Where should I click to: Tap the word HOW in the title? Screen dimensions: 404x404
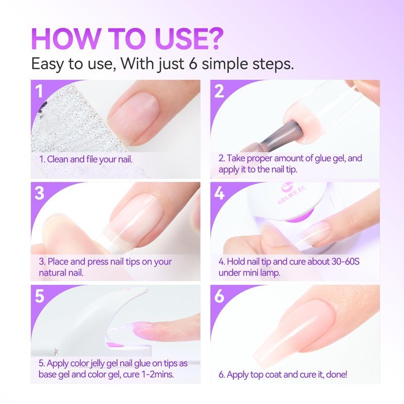(65, 39)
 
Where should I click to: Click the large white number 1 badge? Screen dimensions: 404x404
(39, 91)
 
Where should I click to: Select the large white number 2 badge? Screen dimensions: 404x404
(219, 91)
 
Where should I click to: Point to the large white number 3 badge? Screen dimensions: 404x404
(39, 193)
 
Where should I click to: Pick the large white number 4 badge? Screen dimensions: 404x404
(220, 193)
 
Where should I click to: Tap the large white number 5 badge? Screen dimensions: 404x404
(39, 296)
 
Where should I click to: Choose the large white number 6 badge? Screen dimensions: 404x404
(220, 296)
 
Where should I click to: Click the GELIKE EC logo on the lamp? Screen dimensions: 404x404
(291, 193)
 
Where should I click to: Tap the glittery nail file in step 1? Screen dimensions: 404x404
(77, 129)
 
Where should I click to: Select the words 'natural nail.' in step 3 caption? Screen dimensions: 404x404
(61, 273)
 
